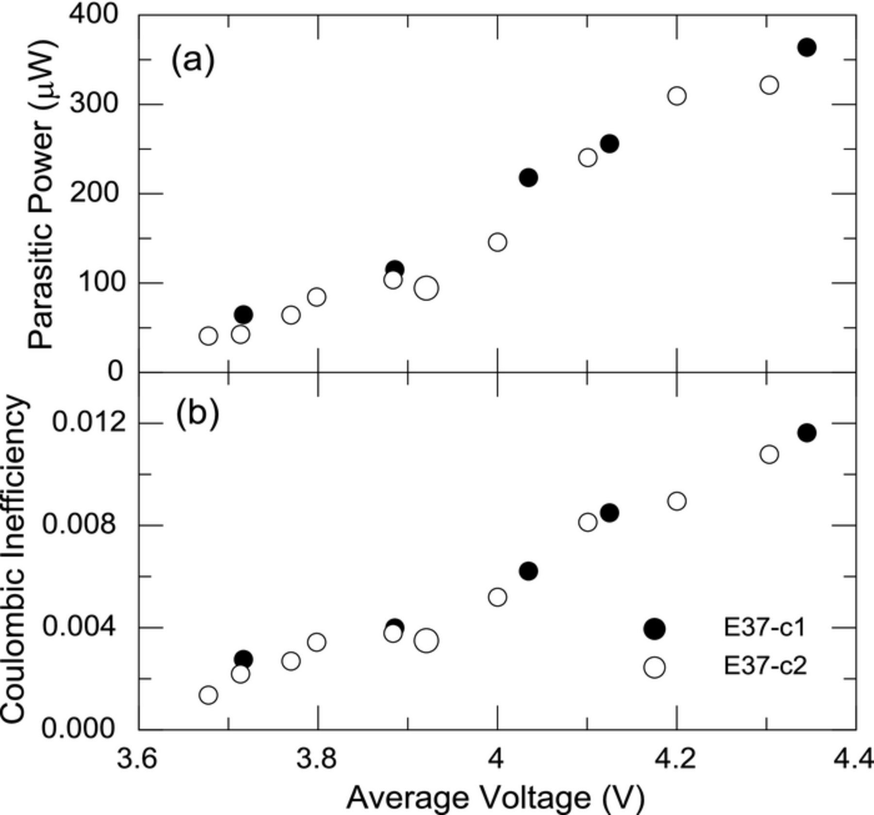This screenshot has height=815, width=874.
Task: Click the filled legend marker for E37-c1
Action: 654,629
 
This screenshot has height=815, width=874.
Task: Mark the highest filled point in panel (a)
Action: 807,48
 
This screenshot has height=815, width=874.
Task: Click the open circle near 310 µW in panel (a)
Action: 677,96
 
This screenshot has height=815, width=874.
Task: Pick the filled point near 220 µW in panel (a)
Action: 528,178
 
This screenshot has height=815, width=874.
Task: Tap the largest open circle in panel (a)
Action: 426,288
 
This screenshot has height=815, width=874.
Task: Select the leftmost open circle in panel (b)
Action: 208,695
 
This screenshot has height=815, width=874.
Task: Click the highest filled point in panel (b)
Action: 807,432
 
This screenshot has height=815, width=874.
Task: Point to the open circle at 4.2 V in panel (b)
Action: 677,501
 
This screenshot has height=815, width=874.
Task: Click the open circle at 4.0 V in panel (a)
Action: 497,242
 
